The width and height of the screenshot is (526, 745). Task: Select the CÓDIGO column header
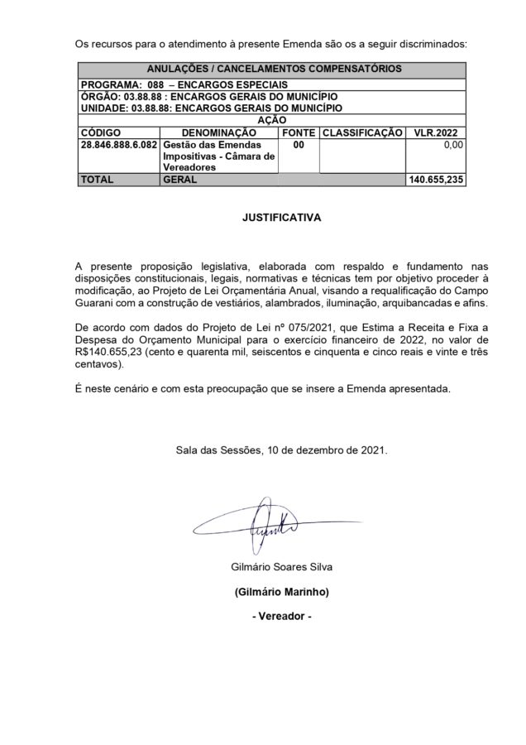[x=102, y=132]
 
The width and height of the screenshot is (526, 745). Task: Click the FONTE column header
[x=298, y=132]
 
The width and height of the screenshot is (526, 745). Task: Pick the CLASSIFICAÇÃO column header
[x=361, y=132]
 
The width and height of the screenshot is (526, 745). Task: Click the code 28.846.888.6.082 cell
[x=117, y=144]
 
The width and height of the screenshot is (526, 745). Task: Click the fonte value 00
[x=298, y=144]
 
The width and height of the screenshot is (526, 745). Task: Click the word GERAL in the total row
[x=180, y=179]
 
